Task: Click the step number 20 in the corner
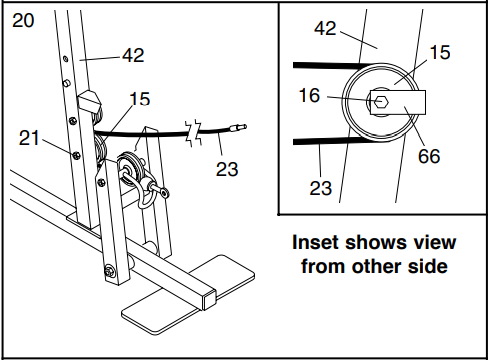pyautogui.click(x=23, y=20)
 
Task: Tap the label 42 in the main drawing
pyautogui.click(x=132, y=55)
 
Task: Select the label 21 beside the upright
pyautogui.click(x=30, y=138)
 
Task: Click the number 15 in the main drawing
pyautogui.click(x=139, y=98)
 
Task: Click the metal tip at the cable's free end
pyautogui.click(x=240, y=127)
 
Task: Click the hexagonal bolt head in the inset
pyautogui.click(x=381, y=101)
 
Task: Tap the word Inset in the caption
pyautogui.click(x=316, y=243)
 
